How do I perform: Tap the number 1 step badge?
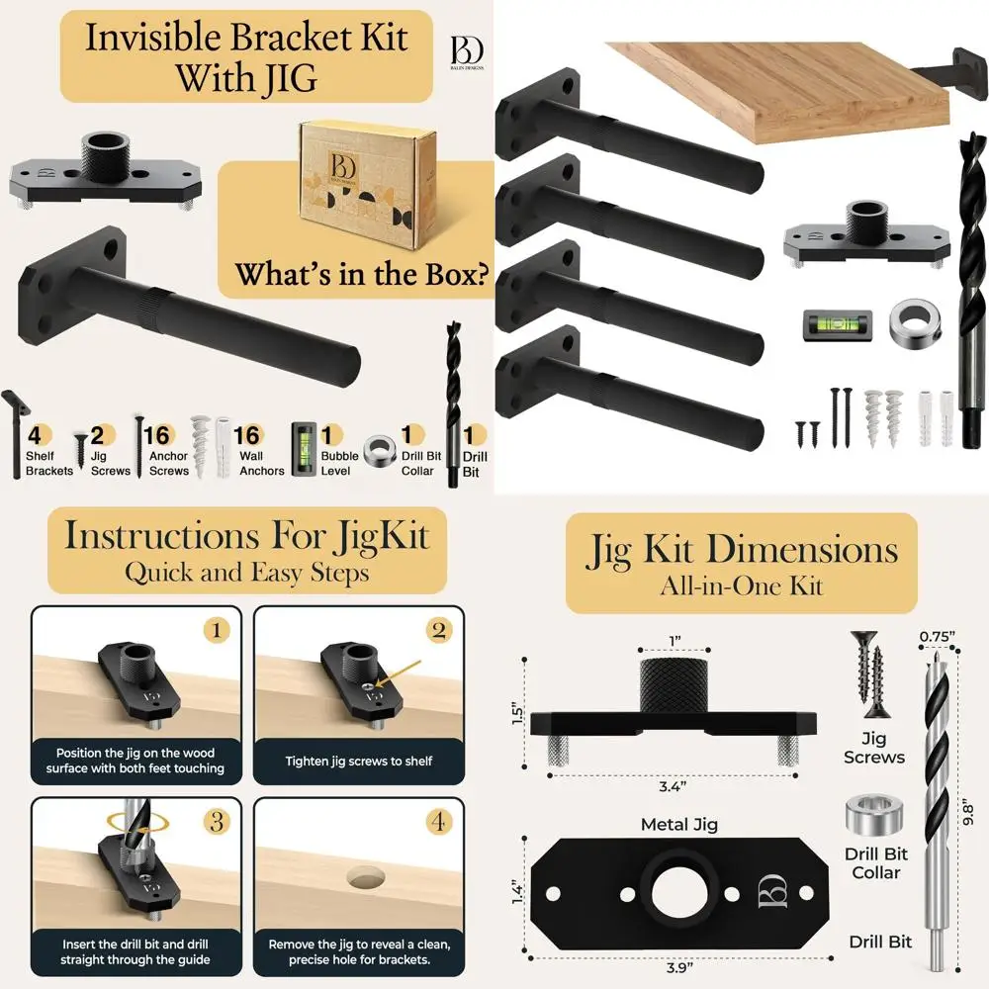[216, 630]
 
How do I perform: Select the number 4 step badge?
[438, 821]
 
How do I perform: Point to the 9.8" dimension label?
[969, 812]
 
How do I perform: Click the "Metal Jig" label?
[679, 823]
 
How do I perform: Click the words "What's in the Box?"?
[363, 274]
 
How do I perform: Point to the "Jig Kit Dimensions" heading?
[742, 549]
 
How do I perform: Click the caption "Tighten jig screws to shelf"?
[359, 762]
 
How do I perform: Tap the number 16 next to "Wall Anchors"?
[247, 436]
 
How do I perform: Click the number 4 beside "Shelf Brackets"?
[35, 436]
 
